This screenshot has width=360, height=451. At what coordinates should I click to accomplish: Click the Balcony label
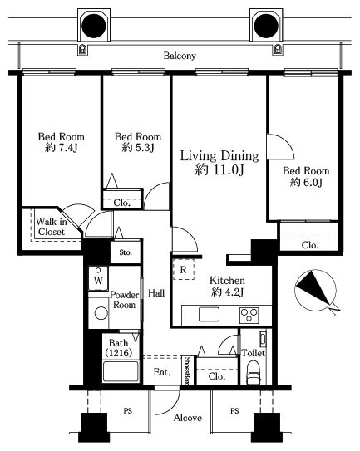point(180,56)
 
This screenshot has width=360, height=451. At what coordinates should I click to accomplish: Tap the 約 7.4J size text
point(61,148)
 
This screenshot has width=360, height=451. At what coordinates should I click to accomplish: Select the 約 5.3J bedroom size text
point(138,148)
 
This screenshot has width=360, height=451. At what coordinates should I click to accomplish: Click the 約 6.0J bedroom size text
point(306,182)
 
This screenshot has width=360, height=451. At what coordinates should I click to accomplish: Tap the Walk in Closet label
point(52,227)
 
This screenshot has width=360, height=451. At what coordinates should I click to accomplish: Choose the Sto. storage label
point(126,252)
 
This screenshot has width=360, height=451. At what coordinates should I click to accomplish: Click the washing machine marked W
point(98,278)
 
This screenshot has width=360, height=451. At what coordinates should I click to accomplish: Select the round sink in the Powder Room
point(101,313)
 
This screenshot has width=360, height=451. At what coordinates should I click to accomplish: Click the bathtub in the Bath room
point(121,371)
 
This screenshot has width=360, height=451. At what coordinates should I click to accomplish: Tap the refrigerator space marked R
point(184,270)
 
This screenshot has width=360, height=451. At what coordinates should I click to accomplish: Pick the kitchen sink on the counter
point(209,314)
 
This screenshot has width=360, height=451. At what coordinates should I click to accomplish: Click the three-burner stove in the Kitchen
point(249,316)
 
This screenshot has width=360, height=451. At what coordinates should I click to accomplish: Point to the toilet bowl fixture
point(254,372)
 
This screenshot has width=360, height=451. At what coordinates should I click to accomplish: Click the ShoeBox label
point(188,370)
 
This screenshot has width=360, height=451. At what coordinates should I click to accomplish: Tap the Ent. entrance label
point(162,372)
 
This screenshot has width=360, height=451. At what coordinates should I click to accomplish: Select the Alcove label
point(188,418)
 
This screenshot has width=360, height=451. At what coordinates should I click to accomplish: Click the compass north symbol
point(316,291)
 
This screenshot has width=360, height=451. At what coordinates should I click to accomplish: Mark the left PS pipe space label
point(128,411)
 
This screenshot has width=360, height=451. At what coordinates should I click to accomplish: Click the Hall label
point(156,293)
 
